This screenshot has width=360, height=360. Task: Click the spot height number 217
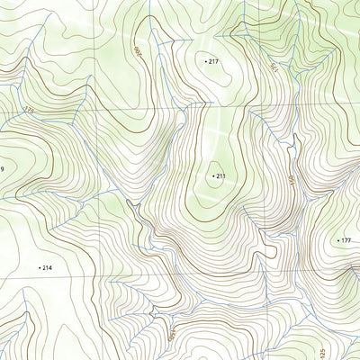click(x=214, y=61)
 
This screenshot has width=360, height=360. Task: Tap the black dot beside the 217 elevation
click(x=206, y=61)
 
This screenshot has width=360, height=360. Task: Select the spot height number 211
click(x=221, y=176)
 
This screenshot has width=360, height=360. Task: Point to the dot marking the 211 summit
click(x=213, y=176)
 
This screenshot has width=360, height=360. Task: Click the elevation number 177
click(x=346, y=241)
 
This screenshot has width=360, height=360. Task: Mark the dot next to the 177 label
click(x=337, y=241)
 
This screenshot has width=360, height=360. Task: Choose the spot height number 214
click(x=48, y=268)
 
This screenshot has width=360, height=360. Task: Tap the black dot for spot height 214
click(x=40, y=268)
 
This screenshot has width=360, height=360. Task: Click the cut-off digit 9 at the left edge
click(x=2, y=169)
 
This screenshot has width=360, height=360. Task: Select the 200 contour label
click(x=139, y=51)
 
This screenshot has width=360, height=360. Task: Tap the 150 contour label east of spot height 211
click(x=292, y=181)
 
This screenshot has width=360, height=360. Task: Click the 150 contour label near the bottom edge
click(x=171, y=334)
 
